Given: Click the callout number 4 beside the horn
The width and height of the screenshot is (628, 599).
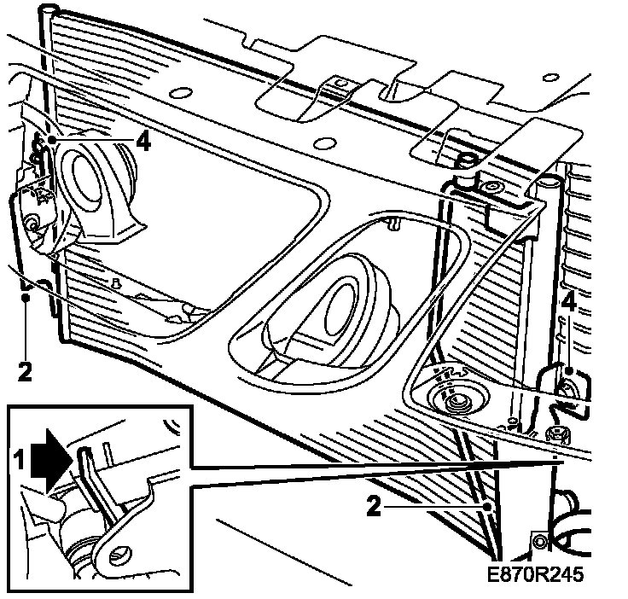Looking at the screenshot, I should pyautogui.click(x=143, y=141).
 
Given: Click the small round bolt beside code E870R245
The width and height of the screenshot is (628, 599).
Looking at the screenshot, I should pyautogui.click(x=538, y=540).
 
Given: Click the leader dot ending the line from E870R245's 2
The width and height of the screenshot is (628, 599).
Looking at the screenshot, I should pyautogui.click(x=487, y=506).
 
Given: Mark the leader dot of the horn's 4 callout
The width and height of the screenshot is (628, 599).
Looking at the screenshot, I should pyautogui.click(x=53, y=137).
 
